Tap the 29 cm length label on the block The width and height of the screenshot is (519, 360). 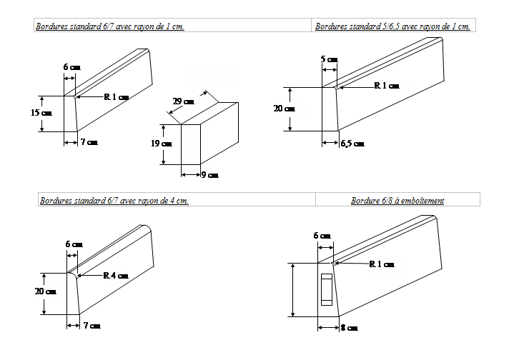(x=184, y=101)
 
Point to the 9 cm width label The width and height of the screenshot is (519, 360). (x=209, y=175)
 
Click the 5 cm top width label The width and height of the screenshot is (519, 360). (x=329, y=59)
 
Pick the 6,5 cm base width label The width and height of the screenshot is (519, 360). (x=352, y=144)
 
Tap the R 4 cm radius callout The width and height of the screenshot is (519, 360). (x=116, y=275)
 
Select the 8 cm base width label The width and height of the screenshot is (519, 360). (x=349, y=328)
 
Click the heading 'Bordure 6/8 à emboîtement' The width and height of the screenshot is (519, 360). (x=397, y=201)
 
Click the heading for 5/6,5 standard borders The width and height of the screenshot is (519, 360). (x=392, y=26)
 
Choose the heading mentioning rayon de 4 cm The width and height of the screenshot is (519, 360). (x=114, y=201)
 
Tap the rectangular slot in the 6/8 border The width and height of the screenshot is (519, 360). (x=327, y=289)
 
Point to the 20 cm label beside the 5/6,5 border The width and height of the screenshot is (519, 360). (x=285, y=109)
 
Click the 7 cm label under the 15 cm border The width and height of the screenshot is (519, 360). (x=89, y=143)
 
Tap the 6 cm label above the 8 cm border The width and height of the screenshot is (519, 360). (x=322, y=236)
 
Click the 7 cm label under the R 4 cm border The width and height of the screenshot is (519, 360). (x=92, y=326)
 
